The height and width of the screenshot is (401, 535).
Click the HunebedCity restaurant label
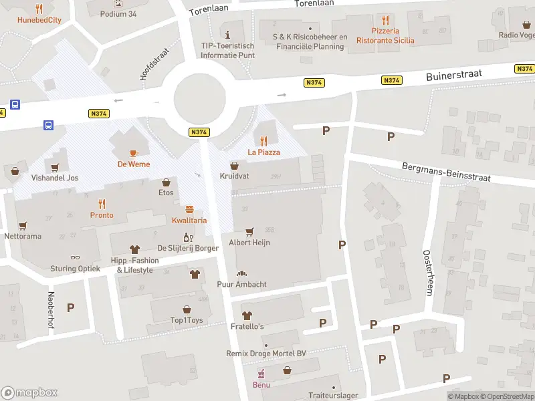click(39, 20)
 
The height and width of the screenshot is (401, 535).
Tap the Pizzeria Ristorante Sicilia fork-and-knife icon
click(385, 20)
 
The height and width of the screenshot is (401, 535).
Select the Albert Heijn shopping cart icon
click(249, 231)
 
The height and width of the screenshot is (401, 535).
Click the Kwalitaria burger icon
click(189, 209)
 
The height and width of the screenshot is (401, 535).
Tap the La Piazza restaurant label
click(264, 152)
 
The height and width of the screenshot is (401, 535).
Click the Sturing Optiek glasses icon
click(75, 258)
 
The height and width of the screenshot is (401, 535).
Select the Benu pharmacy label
click(261, 384)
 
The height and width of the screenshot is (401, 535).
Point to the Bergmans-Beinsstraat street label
click(446, 172)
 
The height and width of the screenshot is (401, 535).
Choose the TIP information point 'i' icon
click(227, 34)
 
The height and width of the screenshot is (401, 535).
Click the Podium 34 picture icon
click(118, 3)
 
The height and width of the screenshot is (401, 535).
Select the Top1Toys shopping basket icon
click(186, 309)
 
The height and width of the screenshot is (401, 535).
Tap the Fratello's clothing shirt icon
click(247, 315)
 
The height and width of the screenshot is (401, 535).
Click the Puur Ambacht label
click(242, 285)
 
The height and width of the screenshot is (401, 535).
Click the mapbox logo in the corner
click(29, 392)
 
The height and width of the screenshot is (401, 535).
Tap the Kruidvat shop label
click(234, 176)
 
